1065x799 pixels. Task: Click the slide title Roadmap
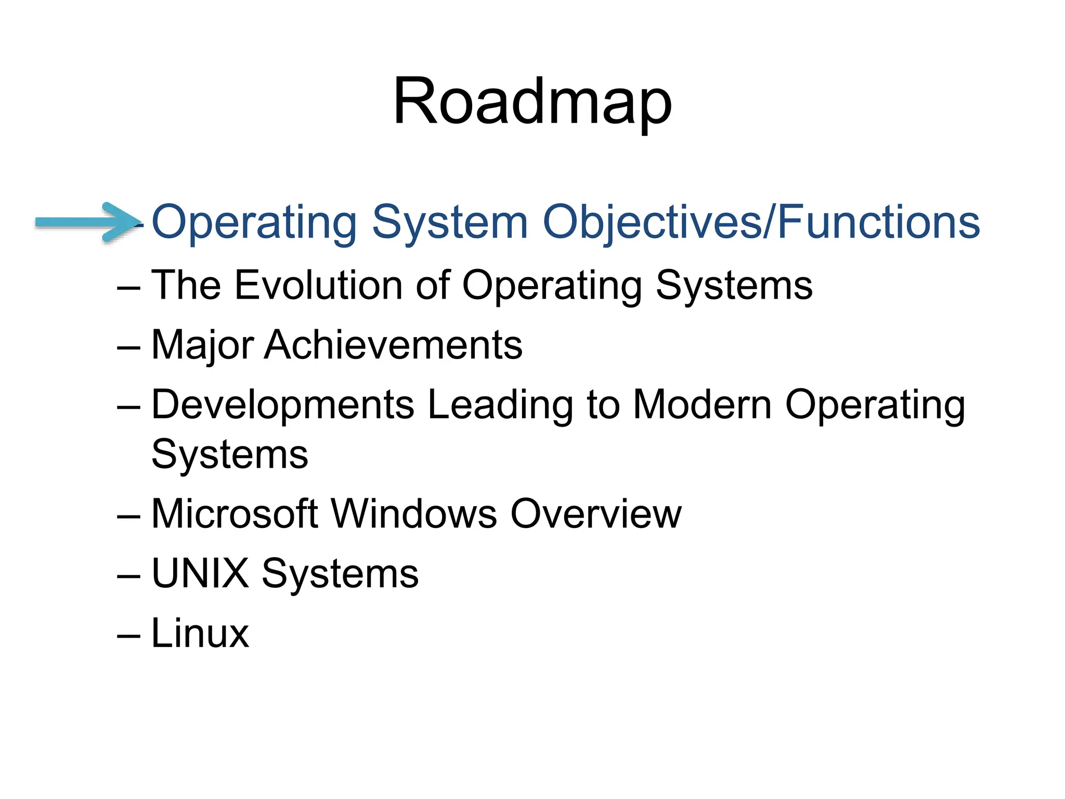[x=532, y=101]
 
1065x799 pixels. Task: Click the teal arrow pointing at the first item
[x=86, y=223]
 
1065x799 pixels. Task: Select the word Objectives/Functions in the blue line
[x=761, y=223]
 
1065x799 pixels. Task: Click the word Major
[x=202, y=345]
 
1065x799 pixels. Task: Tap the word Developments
[x=283, y=406]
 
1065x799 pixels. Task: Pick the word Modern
[x=702, y=405]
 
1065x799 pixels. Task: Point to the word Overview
[x=595, y=514]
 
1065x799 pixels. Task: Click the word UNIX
[x=200, y=573]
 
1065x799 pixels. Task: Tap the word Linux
[x=200, y=633]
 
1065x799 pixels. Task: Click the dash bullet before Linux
[x=128, y=636]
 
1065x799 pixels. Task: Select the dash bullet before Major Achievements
[x=128, y=347]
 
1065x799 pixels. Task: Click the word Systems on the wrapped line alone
[x=229, y=455]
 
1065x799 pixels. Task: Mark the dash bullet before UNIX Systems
[x=128, y=576]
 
